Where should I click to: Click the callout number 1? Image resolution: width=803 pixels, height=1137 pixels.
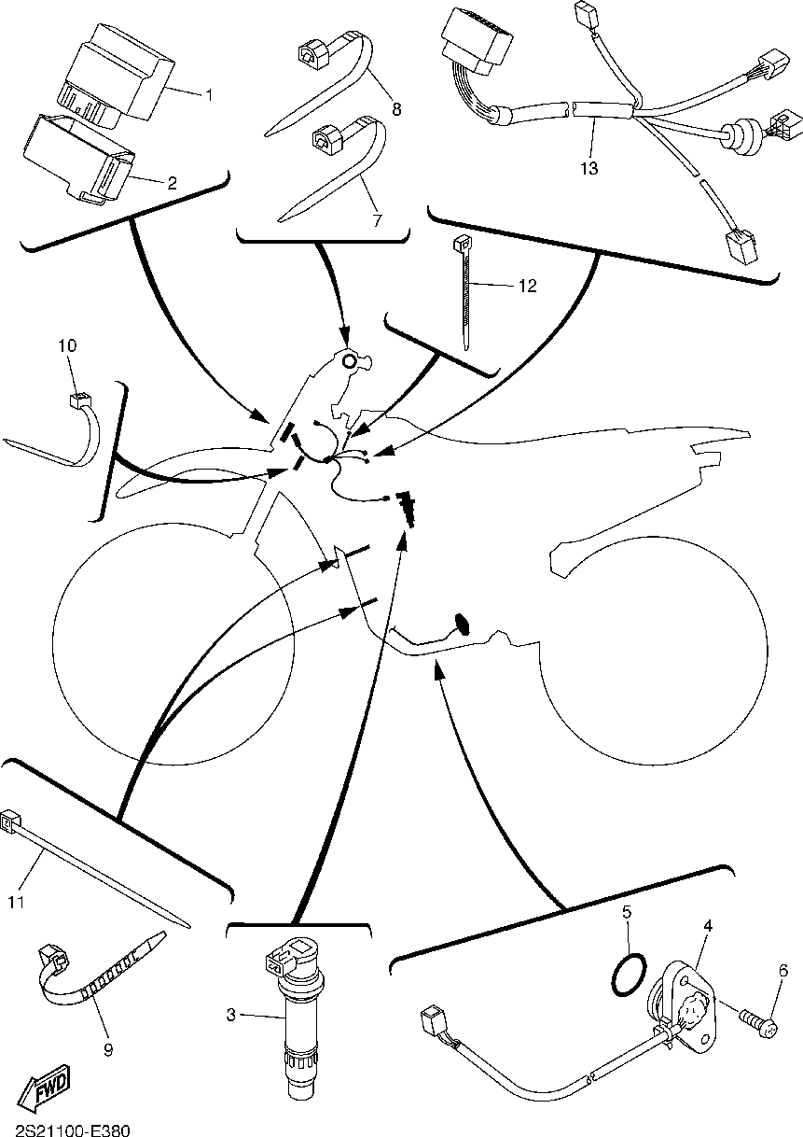[x=209, y=94]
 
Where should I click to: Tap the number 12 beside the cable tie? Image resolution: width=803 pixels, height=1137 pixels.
[x=528, y=286]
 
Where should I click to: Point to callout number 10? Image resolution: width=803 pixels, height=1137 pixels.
[x=67, y=345]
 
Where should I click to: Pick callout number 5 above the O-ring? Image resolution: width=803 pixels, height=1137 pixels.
[x=628, y=910]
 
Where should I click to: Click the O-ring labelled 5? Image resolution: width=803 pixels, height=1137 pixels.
[x=628, y=973]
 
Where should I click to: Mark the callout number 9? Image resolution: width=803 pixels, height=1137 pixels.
[x=108, y=1049]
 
